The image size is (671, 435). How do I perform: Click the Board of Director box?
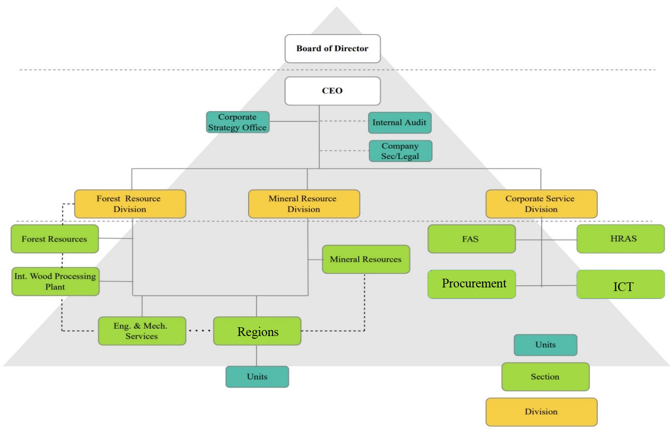point(333,49)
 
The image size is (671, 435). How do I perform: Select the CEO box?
point(333,91)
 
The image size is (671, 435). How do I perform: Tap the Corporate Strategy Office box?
point(238,122)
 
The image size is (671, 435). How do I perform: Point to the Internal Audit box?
point(399,122)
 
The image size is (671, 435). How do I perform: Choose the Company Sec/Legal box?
point(400,151)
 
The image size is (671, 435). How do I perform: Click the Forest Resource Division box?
point(130,204)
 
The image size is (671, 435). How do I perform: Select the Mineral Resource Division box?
point(304,204)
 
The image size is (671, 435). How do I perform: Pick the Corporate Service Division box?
point(541,204)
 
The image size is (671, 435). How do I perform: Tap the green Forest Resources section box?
point(55,239)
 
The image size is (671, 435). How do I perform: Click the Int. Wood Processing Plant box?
point(55,281)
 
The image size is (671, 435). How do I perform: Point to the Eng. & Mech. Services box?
point(142,331)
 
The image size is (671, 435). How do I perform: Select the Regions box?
point(257,331)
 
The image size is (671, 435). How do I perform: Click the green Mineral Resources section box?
point(366,259)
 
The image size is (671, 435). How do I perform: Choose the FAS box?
point(471,239)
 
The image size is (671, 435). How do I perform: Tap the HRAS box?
point(620,239)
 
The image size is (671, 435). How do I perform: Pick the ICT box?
point(620,285)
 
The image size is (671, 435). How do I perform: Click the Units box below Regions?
point(257,377)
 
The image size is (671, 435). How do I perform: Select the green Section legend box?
point(545,377)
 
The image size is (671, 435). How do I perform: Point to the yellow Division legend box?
point(541,412)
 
